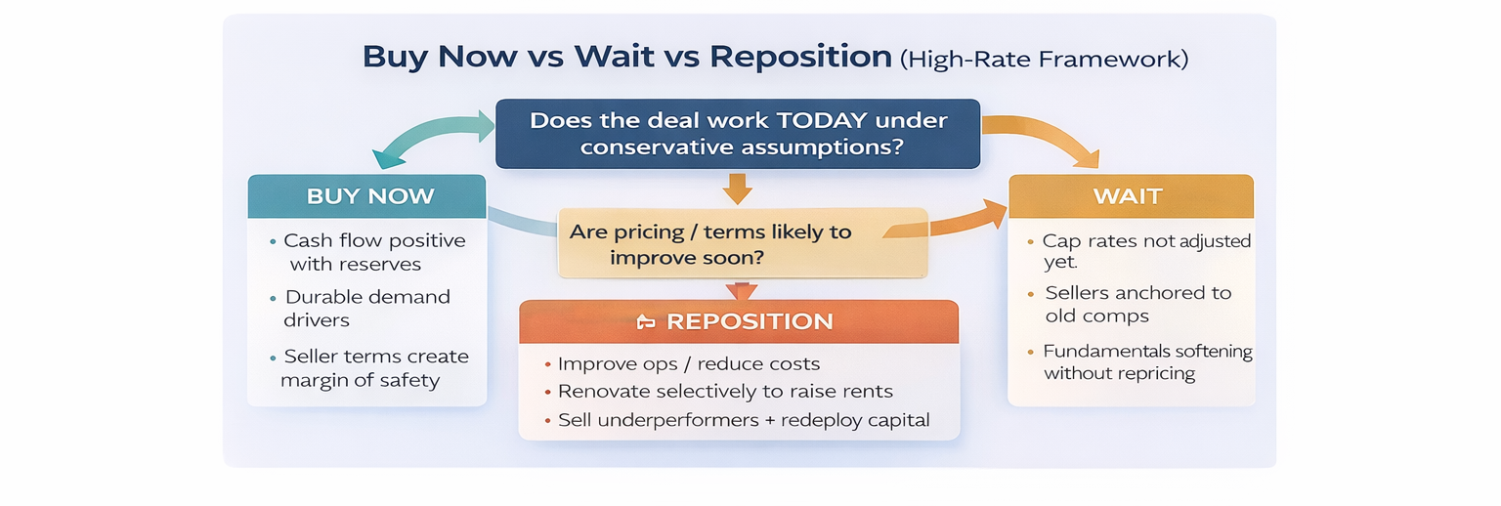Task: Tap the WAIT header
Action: point(1131,195)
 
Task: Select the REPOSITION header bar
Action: point(739,321)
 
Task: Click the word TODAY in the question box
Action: point(812,120)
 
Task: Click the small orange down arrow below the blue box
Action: point(737,189)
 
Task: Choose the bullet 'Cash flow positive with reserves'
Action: point(368,252)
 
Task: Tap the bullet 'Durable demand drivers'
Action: point(361,309)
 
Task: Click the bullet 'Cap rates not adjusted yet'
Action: point(1140,251)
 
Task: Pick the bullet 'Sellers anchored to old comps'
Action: point(1131,304)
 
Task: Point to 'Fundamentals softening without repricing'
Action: point(1140,361)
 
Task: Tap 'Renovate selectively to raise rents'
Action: point(719,392)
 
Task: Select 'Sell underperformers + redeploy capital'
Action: point(737,420)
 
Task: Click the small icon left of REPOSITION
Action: point(645,322)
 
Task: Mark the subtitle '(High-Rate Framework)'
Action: point(1044,59)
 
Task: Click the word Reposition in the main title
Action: point(800,57)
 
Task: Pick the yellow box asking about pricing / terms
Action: point(743,242)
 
